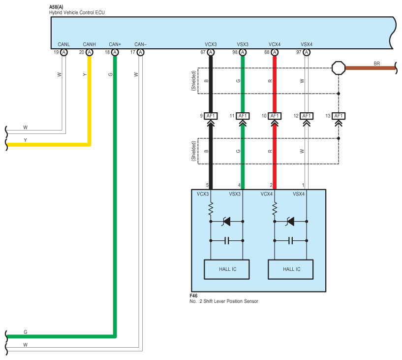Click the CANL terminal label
63,44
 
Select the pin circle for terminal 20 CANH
89,52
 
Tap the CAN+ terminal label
115,44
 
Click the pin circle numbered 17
140,52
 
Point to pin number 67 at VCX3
203,52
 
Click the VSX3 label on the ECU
243,44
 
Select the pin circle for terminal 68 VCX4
275,52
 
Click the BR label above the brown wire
377,64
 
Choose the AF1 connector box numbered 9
211,116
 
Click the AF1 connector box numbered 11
243,116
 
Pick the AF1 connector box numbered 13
339,116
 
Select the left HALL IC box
227,269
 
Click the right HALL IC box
291,269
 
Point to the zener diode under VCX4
291,222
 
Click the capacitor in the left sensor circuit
227,241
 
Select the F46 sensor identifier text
194,296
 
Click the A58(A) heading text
57,6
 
